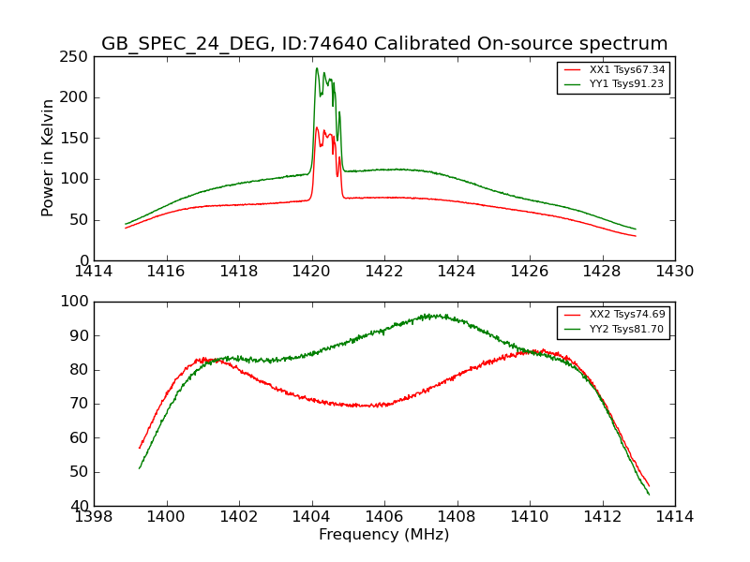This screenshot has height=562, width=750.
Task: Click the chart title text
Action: tap(384, 44)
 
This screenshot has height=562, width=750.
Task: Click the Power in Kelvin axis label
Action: tap(48, 158)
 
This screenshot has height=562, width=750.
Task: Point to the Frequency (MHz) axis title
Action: tap(384, 535)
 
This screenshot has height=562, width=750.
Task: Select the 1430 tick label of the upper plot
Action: tap(674, 272)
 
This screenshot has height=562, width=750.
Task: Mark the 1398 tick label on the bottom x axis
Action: tap(94, 517)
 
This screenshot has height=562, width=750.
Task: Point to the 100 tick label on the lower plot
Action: tap(75, 302)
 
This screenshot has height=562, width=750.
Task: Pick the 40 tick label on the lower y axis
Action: tap(80, 506)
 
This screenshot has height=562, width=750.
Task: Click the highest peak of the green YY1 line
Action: tap(317, 68)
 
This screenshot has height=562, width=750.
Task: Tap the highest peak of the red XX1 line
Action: tap(317, 127)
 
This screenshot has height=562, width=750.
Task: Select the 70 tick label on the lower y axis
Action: tap(80, 404)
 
